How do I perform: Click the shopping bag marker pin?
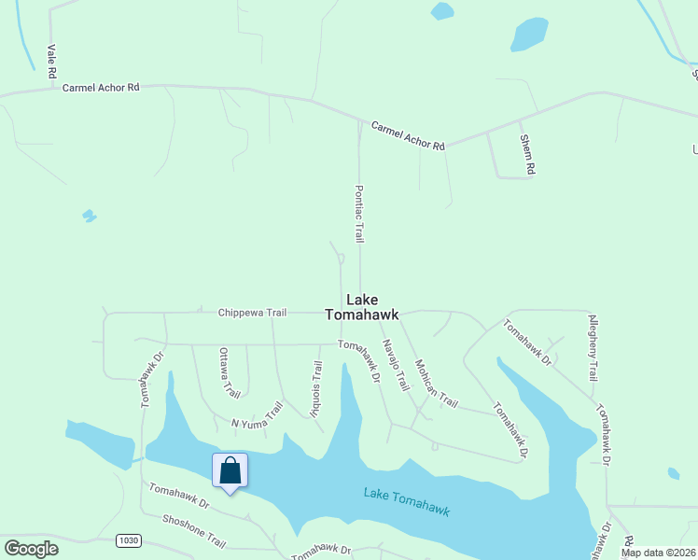(230, 471)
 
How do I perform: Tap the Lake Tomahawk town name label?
(362, 307)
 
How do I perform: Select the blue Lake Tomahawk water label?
(407, 502)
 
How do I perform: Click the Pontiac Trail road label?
(358, 213)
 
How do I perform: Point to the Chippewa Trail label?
(252, 313)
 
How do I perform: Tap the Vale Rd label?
(52, 60)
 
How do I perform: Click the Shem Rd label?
(529, 154)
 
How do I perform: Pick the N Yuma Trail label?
(257, 415)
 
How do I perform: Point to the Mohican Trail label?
(436, 384)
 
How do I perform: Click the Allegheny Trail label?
(592, 347)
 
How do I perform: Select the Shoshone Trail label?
(194, 532)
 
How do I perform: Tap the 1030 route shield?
(129, 540)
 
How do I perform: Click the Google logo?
(31, 549)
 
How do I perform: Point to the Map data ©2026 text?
(659, 553)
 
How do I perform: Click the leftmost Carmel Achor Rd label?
(101, 87)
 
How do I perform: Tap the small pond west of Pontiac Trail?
(90, 216)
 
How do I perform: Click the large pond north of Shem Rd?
(529, 35)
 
